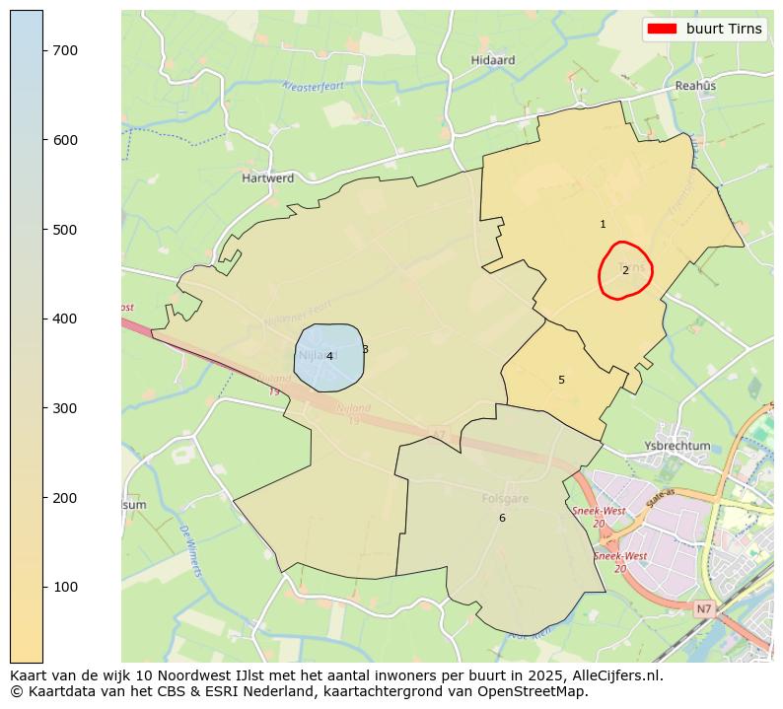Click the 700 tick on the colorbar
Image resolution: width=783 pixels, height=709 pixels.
tap(43, 50)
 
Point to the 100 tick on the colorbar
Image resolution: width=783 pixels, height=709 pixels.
tap(43, 587)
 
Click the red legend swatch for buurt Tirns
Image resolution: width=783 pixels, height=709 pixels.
tap(661, 29)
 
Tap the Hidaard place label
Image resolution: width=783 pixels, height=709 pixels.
tap(493, 60)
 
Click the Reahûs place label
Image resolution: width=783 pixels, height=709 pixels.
tap(695, 86)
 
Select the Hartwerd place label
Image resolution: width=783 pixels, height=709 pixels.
tap(268, 178)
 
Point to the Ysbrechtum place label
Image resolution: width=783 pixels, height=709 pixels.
tap(676, 446)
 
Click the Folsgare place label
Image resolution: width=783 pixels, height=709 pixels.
tap(505, 499)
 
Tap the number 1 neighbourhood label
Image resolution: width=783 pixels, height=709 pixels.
tap(603, 225)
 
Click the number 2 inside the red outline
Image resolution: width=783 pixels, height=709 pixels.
tap(625, 270)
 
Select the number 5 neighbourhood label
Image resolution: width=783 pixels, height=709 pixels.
tap(561, 380)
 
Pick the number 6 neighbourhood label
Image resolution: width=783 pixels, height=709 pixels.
tap(502, 518)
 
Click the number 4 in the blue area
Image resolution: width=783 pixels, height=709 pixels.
tap(329, 357)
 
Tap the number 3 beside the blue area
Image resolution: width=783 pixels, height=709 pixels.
tap(365, 349)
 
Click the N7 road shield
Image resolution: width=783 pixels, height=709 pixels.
tap(702, 609)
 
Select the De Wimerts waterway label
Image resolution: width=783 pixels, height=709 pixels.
tap(191, 551)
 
